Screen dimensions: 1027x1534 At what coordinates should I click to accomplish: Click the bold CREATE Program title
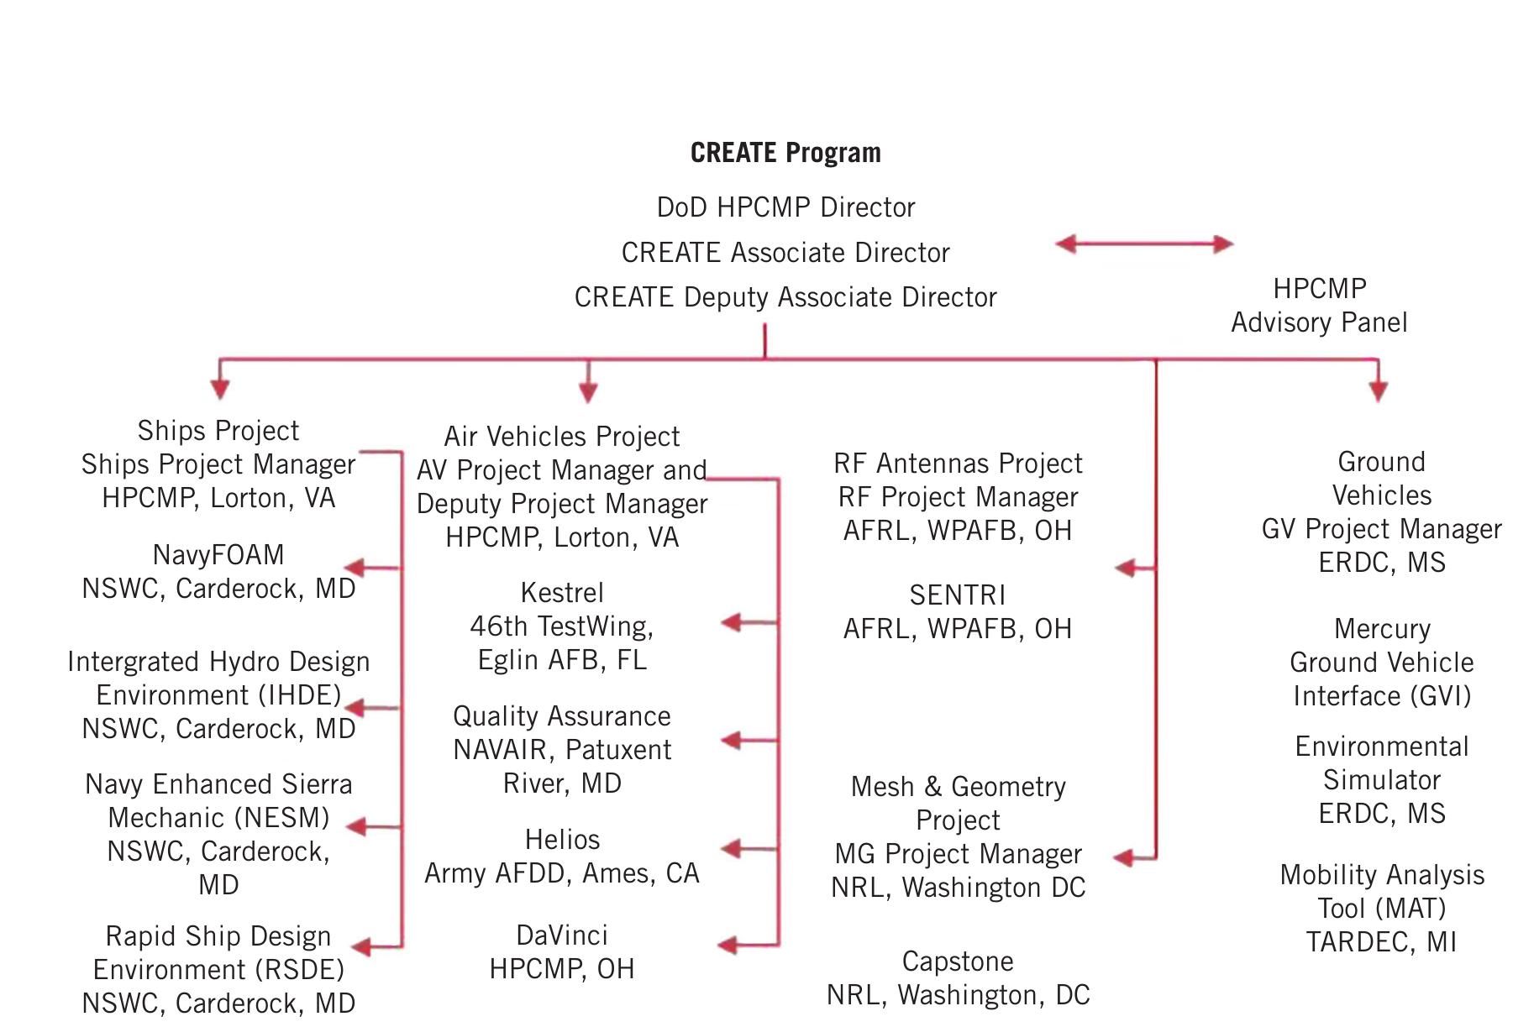[x=785, y=153]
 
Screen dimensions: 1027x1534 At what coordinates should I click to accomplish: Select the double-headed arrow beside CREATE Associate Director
[x=1144, y=244]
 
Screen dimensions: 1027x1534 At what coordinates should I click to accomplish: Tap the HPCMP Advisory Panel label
[x=1319, y=306]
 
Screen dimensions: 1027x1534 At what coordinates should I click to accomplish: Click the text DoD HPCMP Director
[x=785, y=207]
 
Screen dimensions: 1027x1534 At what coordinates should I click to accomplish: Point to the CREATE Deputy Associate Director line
[x=785, y=297]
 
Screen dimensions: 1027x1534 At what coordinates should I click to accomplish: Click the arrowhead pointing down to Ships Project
[x=220, y=389]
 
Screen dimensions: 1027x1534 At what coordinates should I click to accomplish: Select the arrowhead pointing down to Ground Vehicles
[x=1378, y=390]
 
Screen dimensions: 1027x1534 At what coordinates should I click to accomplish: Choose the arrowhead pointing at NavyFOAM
[x=355, y=569]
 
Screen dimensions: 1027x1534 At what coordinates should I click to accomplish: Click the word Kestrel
[x=562, y=593]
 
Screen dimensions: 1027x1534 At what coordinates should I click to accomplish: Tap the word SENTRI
[x=958, y=595]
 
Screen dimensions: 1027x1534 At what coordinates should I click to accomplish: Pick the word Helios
[x=562, y=840]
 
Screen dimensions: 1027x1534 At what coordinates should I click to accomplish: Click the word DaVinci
[x=562, y=935]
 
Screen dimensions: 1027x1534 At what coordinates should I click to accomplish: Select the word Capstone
[x=958, y=962]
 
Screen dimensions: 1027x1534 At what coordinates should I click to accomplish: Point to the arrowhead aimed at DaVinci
[x=728, y=946]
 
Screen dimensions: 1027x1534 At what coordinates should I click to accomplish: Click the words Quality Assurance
[x=562, y=716]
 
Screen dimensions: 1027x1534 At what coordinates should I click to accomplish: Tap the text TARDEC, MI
[x=1382, y=942]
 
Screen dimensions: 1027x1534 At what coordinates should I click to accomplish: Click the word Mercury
[x=1382, y=629]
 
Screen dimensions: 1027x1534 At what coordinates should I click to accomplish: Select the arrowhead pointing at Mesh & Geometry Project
[x=1124, y=858]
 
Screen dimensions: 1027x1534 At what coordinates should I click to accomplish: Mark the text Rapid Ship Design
[x=218, y=936]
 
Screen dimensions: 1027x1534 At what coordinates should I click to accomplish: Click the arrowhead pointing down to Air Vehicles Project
[x=588, y=392]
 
